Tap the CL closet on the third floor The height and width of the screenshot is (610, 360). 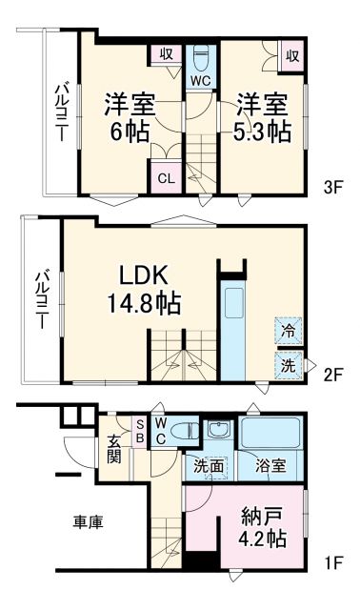coord(166,178)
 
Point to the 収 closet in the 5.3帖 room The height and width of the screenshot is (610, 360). coord(291,56)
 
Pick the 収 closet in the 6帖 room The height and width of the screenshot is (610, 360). coord(166,56)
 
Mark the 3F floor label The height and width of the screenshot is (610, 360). coord(331,187)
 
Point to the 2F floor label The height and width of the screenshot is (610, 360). coord(331,375)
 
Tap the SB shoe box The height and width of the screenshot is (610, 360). coord(140,430)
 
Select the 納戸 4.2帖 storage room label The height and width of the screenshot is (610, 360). coord(251,527)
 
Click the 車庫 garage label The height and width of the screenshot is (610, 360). coord(89,521)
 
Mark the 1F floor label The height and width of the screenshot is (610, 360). coord(331,562)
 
